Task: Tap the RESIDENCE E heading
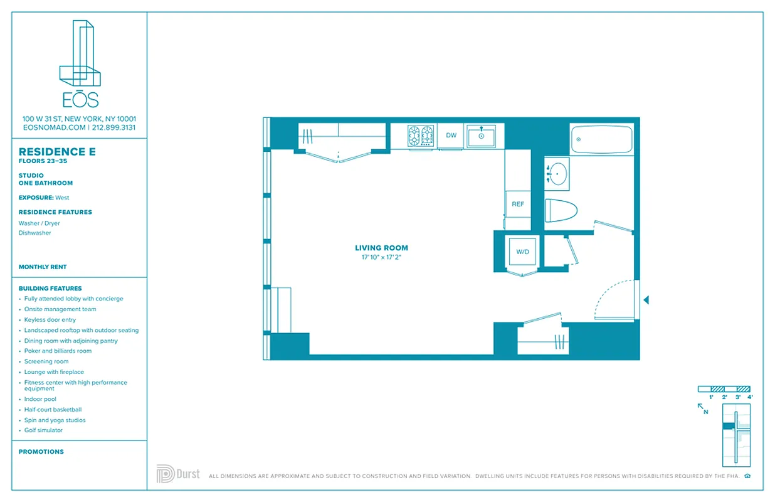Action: tap(57, 152)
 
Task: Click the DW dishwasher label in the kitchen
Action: tap(451, 136)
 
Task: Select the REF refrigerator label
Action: tap(518, 205)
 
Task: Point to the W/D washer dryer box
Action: tap(522, 252)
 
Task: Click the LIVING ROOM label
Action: tap(381, 248)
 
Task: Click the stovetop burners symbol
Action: tap(421, 136)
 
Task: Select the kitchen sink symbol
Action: tap(482, 136)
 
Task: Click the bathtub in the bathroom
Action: tap(602, 139)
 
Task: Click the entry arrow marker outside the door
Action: tap(646, 301)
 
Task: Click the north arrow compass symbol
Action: tap(703, 409)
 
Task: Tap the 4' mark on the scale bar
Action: tap(750, 397)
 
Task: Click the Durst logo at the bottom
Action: tap(178, 474)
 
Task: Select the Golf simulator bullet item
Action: tap(43, 430)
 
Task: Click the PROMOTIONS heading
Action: tap(41, 452)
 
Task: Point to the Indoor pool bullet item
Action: tap(40, 399)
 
